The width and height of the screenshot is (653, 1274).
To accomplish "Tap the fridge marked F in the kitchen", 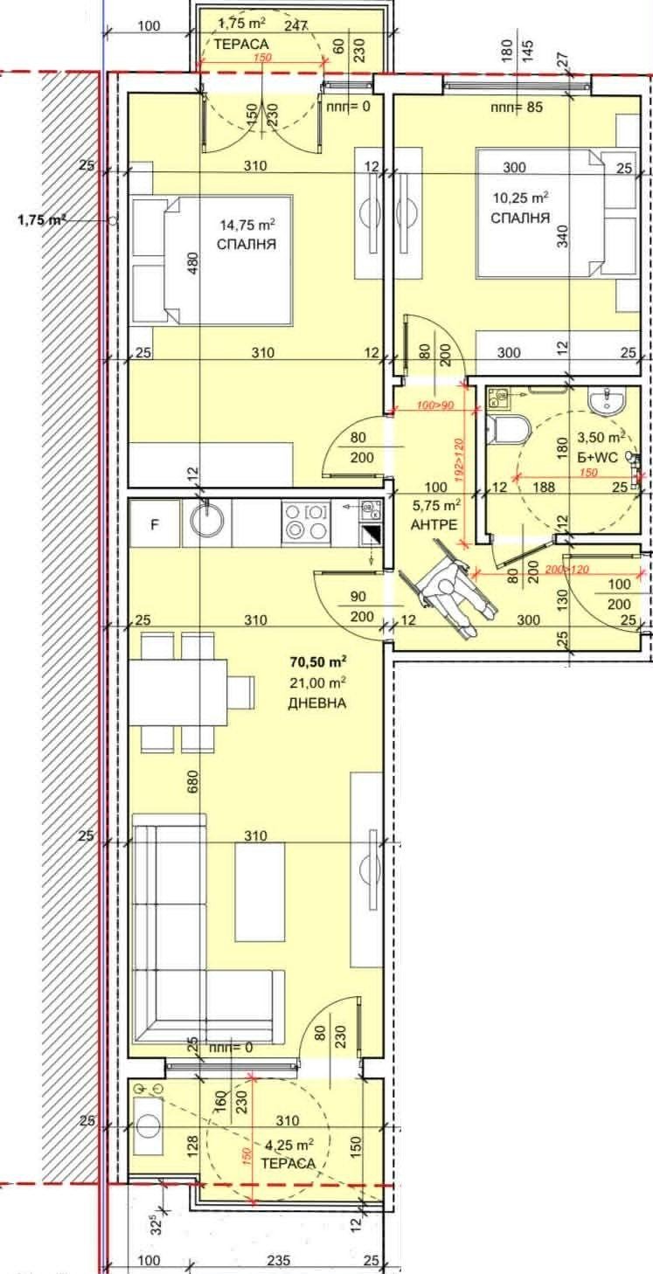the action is [x=155, y=523].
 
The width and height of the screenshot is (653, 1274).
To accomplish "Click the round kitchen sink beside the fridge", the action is [x=206, y=523].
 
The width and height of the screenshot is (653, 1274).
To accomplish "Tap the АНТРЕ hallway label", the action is [x=434, y=525].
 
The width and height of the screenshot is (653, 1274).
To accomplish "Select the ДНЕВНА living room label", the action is [x=316, y=703].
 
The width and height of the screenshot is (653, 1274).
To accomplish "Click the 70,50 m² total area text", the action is [x=318, y=661].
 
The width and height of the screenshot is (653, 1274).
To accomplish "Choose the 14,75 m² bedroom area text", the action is [x=248, y=224].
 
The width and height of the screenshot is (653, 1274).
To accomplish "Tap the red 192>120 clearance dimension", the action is [x=459, y=460].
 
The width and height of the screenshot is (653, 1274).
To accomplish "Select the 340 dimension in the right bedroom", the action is [x=563, y=235].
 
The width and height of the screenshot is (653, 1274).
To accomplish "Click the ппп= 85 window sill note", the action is [x=517, y=107].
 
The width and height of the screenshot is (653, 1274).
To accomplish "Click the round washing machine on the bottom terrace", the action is [x=149, y=1126].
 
